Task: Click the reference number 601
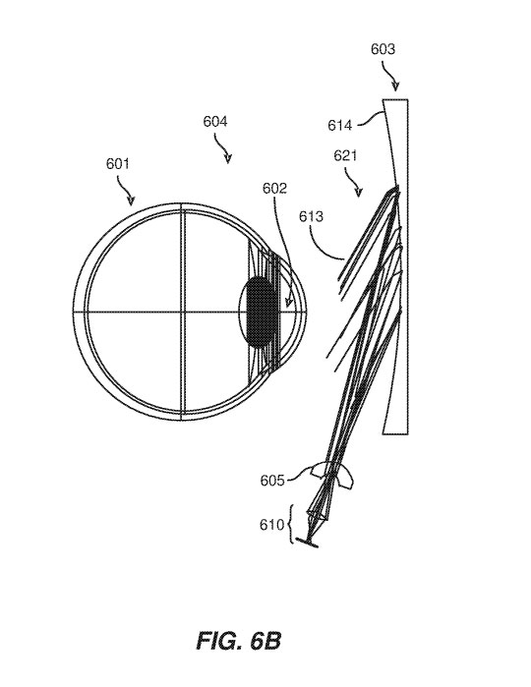coord(118,164)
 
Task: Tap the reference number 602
coord(274,188)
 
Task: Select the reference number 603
coord(383,49)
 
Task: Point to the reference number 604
coord(214,121)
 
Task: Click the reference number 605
coord(271,481)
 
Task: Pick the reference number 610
coord(271,525)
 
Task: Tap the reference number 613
coord(311,216)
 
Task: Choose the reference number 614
coord(340,126)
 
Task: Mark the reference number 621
coord(345,155)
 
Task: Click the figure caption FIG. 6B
coord(238,641)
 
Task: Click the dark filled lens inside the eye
coord(261,312)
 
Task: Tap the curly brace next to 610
coord(291,524)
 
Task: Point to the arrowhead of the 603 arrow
coord(395,86)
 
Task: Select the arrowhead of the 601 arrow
coord(131,200)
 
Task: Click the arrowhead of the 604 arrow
coord(227,159)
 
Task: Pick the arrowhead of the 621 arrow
coord(359,193)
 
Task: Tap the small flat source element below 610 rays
coord(307,543)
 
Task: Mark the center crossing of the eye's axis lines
coord(182,312)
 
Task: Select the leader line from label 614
coord(372,118)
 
